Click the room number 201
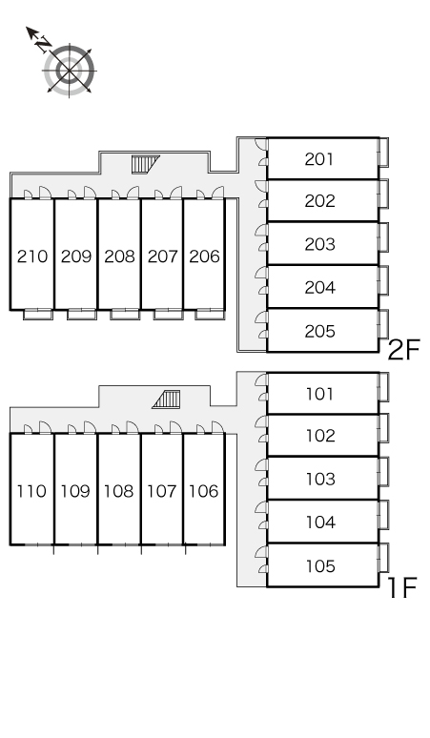tap(319, 159)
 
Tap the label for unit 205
tap(320, 332)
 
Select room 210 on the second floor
tap(32, 256)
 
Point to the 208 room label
tap(119, 256)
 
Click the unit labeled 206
tap(205, 256)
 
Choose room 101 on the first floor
tap(320, 394)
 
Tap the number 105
tap(320, 565)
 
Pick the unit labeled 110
tap(31, 491)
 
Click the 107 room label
tap(162, 491)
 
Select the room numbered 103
tap(320, 480)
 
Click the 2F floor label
tap(403, 351)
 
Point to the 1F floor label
tap(402, 587)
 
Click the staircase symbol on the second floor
tap(145, 164)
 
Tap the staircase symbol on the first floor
tap(166, 400)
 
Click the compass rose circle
tap(70, 71)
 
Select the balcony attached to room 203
tap(384, 237)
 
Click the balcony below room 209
tap(81, 315)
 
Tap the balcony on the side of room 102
tap(384, 428)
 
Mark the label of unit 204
tap(320, 288)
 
